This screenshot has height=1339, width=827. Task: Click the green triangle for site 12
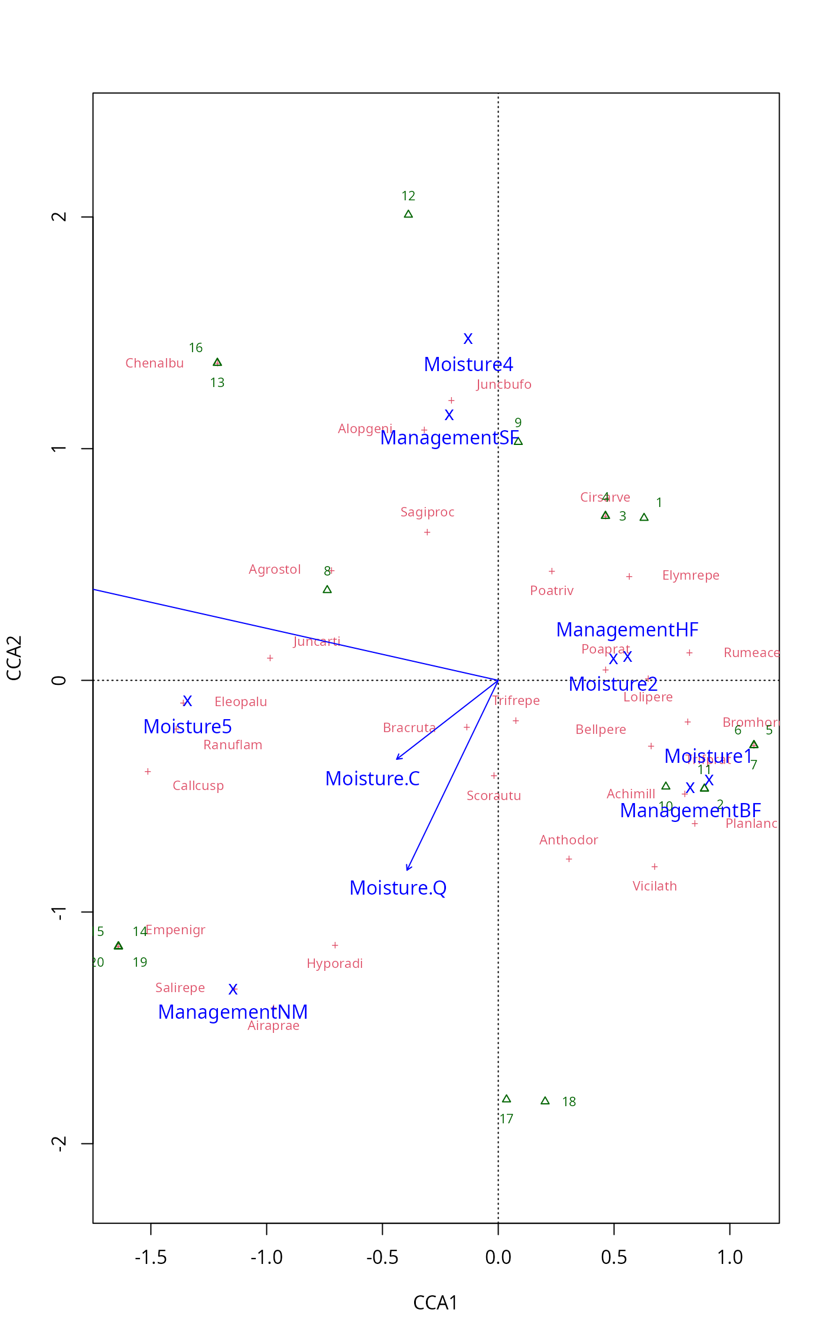pos(408,214)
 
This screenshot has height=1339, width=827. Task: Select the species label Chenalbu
pos(155,363)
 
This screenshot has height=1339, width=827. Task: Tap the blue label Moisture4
pos(468,365)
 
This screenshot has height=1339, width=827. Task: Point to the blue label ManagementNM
pos(233,1012)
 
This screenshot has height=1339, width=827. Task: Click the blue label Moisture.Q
pos(398,888)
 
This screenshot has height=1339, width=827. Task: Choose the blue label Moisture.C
pos(372,779)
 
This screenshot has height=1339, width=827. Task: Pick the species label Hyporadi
pos(334,964)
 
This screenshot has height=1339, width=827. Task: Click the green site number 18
pos(569,1102)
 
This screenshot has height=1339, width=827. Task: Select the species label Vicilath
pos(655,886)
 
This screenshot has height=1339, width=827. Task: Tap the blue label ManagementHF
pos(627,630)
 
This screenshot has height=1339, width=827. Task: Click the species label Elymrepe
pos(691,576)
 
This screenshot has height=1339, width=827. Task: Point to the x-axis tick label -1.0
pos(266,1257)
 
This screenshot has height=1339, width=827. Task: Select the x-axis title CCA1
pos(435,1303)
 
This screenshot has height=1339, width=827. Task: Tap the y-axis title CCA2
pos(14,658)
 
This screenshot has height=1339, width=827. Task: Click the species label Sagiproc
pos(427,512)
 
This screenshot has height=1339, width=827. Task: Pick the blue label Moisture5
pos(187,727)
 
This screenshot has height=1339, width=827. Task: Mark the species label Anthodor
pos(568,840)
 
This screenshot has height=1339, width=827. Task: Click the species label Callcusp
pos(198,786)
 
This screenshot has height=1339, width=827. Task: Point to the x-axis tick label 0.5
pos(614,1257)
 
